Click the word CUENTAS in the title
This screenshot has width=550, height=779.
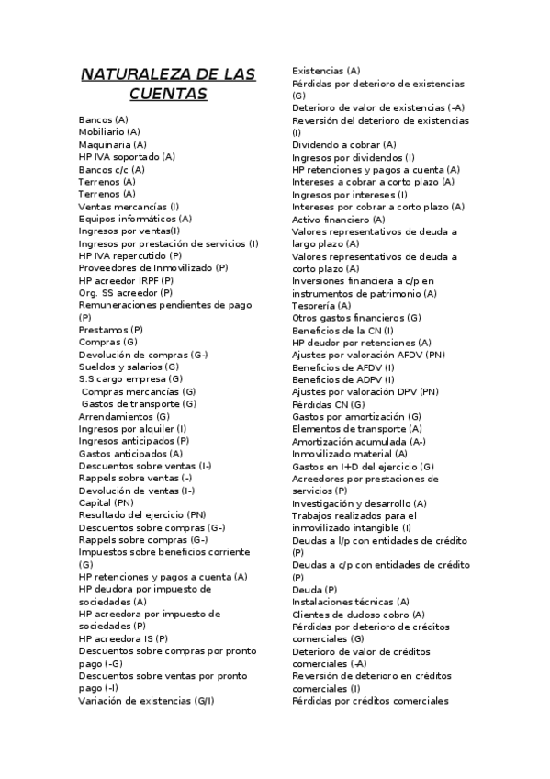[168, 95]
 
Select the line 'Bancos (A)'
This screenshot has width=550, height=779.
[104, 120]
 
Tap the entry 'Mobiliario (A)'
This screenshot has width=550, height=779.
[109, 132]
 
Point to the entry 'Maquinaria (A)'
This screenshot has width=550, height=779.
[112, 144]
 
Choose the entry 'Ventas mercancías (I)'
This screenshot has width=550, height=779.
[129, 207]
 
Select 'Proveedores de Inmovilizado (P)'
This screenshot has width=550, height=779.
[153, 267]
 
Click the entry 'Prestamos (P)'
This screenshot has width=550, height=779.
[110, 329]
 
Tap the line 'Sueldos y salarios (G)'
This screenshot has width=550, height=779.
[129, 367]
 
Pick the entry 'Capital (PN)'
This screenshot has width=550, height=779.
[106, 502]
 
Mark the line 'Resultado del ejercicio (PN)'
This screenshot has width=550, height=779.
[142, 515]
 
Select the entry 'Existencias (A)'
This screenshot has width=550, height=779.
[326, 71]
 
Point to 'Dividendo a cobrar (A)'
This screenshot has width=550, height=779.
[344, 145]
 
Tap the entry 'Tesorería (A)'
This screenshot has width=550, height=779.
[321, 305]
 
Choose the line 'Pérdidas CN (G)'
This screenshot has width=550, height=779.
[328, 404]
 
